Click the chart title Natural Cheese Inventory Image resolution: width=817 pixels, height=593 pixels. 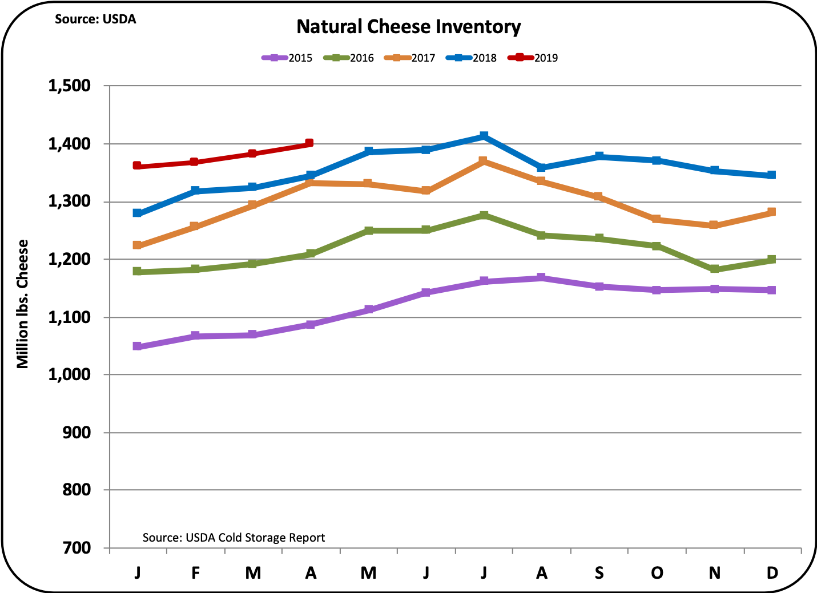pos(409,27)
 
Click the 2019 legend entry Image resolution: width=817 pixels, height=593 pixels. pos(533,58)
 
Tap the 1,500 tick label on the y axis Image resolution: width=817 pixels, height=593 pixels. pos(70,86)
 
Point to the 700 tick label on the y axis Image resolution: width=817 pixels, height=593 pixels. pos(77,548)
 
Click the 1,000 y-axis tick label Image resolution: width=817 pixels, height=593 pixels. pos(70,374)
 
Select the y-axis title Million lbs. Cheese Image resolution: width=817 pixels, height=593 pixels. pos(22,304)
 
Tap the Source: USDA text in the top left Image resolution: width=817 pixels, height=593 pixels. pos(95,19)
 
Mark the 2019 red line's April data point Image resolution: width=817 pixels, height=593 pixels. pos(309,143)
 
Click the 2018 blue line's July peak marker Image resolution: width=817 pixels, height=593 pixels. pos(484,136)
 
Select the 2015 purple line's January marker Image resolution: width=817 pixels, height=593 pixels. pos(137,346)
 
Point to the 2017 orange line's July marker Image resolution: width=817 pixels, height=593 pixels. pos(483,161)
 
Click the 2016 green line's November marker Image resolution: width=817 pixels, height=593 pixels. pos(714,269)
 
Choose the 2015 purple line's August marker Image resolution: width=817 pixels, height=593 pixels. pos(541,278)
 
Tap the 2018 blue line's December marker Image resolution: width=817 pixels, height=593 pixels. pos(772,175)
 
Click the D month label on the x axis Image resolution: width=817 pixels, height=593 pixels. pos(772,572)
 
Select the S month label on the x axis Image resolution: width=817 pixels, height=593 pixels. pos(599,572)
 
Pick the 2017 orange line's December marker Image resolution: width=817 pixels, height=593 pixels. pos(772,212)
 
